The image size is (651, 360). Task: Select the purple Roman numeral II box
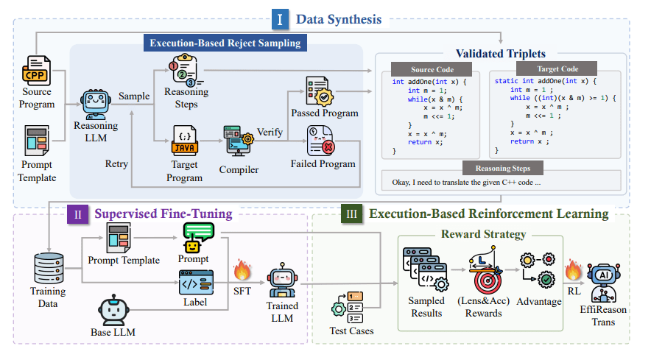click(77, 214)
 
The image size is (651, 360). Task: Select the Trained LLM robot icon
click(282, 280)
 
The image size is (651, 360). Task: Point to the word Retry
click(116, 163)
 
